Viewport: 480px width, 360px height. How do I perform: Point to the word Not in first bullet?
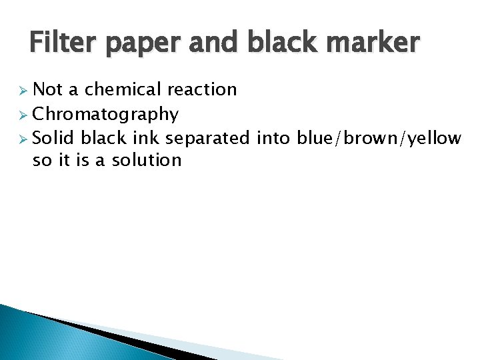pos(47,89)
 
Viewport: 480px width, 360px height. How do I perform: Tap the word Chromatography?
pos(105,115)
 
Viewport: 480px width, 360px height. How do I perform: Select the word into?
pos(273,138)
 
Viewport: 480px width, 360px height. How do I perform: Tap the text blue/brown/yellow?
pos(379,138)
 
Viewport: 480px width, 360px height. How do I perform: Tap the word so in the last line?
pos(41,161)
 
